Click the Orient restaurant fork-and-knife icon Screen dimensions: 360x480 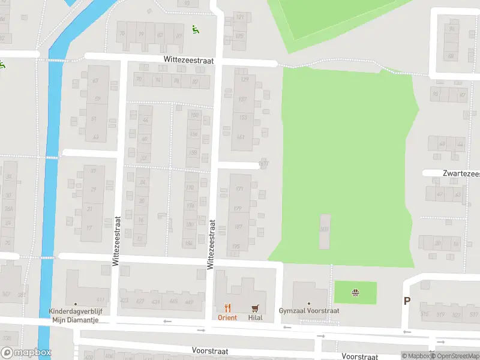point(227,308)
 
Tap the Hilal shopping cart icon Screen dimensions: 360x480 point(256,308)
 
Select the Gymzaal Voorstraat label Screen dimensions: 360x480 point(309,311)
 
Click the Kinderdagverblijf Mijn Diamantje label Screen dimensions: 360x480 point(76,316)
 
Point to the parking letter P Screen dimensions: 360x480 point(407,301)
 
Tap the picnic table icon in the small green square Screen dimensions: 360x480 point(355,293)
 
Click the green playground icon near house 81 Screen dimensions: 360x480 point(194,28)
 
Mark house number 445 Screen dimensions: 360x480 point(174,301)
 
